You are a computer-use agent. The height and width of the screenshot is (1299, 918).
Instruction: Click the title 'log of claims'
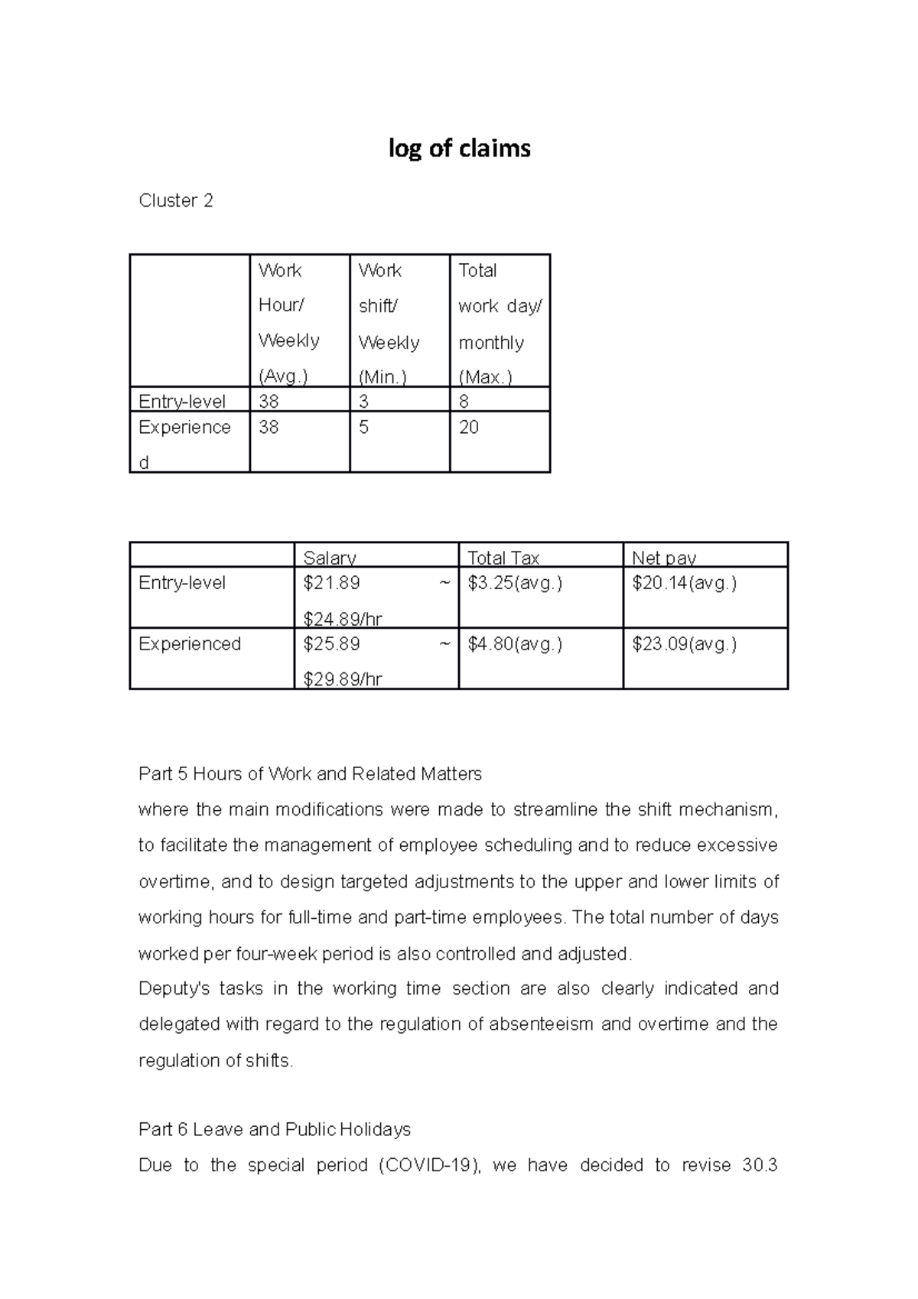click(459, 148)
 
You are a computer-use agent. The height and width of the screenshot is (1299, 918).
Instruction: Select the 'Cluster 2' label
click(175, 200)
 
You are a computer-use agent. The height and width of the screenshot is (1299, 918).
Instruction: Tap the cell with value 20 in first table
click(468, 427)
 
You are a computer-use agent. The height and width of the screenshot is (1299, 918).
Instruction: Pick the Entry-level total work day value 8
click(464, 401)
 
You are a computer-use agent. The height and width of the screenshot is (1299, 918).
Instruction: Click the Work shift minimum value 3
click(363, 401)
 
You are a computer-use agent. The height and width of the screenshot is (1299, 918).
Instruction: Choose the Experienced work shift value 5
click(363, 427)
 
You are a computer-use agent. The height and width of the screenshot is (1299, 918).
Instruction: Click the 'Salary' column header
click(330, 558)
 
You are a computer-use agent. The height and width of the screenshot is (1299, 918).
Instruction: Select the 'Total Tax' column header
click(503, 558)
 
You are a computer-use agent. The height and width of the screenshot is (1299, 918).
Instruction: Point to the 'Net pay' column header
click(664, 558)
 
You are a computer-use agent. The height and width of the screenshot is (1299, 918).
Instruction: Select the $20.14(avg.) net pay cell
click(685, 583)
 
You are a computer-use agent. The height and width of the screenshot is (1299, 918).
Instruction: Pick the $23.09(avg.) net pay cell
click(685, 644)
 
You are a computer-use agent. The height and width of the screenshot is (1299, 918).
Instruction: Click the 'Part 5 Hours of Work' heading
click(310, 773)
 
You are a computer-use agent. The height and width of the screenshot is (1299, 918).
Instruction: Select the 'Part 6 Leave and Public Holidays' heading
click(275, 1129)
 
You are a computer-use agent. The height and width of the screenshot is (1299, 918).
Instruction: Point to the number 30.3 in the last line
click(760, 1165)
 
